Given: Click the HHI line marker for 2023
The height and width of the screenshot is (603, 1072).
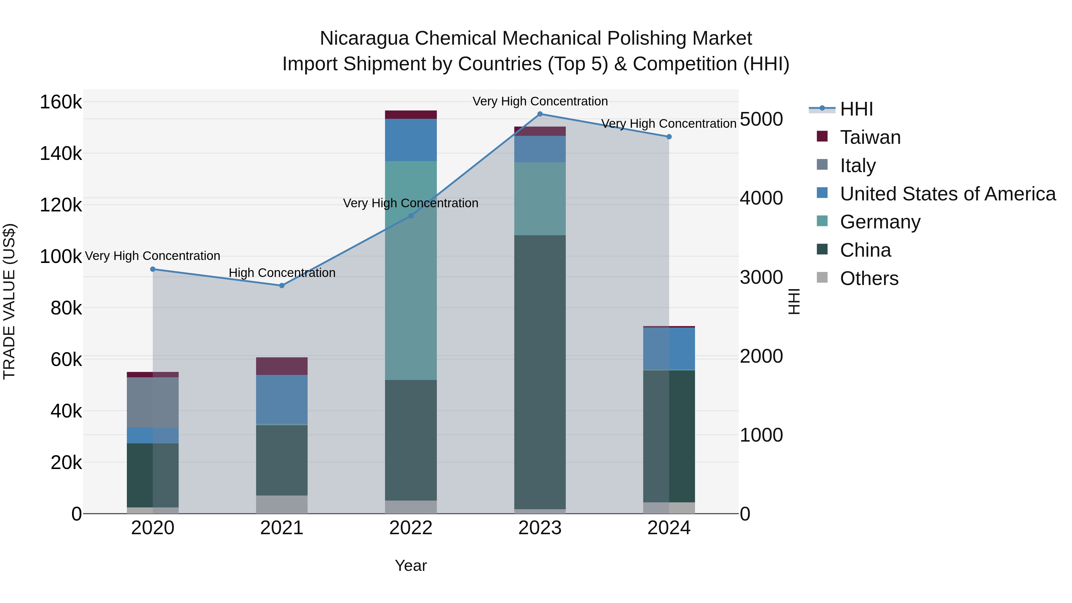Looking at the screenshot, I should pyautogui.click(x=540, y=114).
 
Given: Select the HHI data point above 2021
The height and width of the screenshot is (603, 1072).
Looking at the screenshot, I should pyautogui.click(x=282, y=286).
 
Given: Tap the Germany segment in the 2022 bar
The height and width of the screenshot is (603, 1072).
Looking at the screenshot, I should pyautogui.click(x=411, y=270).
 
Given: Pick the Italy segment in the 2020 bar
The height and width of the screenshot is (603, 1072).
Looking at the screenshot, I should pyautogui.click(x=153, y=402).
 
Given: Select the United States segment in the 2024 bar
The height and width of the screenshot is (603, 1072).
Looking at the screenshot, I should pyautogui.click(x=669, y=348).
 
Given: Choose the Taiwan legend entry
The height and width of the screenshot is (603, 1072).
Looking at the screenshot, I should pyautogui.click(x=870, y=137).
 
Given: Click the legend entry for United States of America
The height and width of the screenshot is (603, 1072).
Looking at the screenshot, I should pyautogui.click(x=947, y=194).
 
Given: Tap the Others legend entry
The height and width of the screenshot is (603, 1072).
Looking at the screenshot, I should pyautogui.click(x=869, y=278).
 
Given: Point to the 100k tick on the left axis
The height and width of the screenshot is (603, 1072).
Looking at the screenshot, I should pyautogui.click(x=61, y=257).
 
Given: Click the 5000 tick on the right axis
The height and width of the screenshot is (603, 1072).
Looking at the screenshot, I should pyautogui.click(x=761, y=119).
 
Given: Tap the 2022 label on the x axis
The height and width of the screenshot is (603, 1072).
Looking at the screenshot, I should pyautogui.click(x=411, y=528).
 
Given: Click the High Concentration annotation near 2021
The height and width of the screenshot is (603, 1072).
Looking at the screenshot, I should pyautogui.click(x=282, y=273).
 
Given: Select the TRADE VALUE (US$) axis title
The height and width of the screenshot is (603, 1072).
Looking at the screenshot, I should pyautogui.click(x=9, y=301).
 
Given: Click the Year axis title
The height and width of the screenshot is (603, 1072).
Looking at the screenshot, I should pyautogui.click(x=411, y=565).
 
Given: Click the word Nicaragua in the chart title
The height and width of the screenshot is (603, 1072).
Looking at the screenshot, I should pyautogui.click(x=364, y=38).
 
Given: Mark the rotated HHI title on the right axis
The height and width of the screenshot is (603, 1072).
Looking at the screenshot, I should pyautogui.click(x=794, y=301).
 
